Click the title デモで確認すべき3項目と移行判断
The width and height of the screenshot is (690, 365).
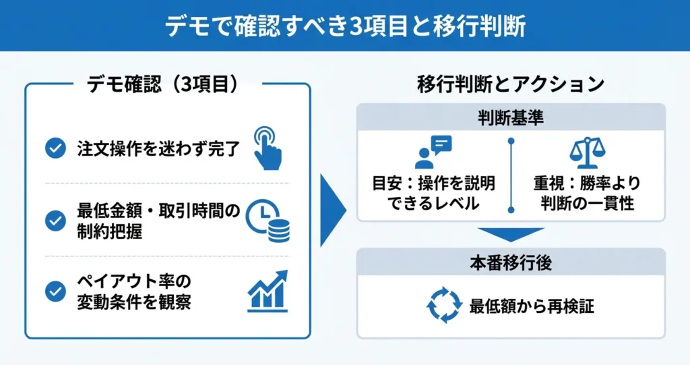(344, 26)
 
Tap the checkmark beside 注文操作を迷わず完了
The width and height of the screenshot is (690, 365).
(55, 148)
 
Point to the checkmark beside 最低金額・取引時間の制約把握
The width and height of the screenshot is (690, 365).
(55, 220)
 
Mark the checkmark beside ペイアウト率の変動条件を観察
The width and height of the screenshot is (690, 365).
(55, 291)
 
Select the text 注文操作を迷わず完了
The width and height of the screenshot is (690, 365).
(158, 148)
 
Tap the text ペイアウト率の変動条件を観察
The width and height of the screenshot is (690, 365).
(134, 291)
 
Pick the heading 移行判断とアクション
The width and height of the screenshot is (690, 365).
(510, 84)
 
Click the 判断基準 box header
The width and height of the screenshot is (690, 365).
(510, 117)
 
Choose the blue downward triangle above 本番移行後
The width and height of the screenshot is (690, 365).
(510, 233)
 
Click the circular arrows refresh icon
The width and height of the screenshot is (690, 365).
(443, 306)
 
